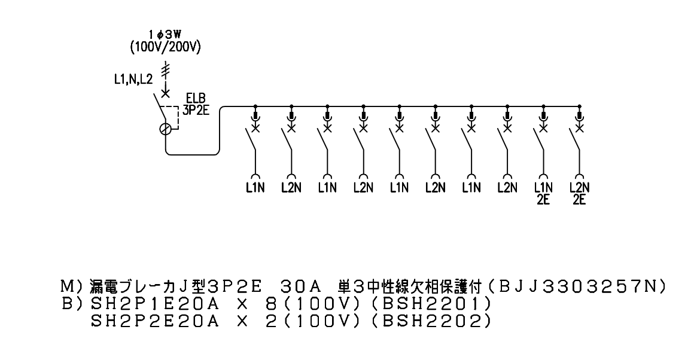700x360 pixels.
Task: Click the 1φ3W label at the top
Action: point(165,35)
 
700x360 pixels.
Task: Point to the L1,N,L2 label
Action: point(133,80)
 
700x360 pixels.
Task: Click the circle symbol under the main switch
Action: point(165,129)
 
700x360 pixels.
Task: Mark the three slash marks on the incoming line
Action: point(166,69)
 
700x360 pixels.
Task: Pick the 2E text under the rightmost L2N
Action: point(580,200)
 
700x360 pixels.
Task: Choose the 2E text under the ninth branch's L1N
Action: point(543,200)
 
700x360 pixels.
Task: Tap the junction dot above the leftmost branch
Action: point(255,106)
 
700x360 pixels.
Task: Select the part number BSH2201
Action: point(430,304)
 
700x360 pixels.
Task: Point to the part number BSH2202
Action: point(430,321)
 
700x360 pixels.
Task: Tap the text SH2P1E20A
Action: point(154,304)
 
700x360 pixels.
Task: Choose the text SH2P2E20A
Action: point(154,321)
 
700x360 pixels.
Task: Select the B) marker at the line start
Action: point(71,304)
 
